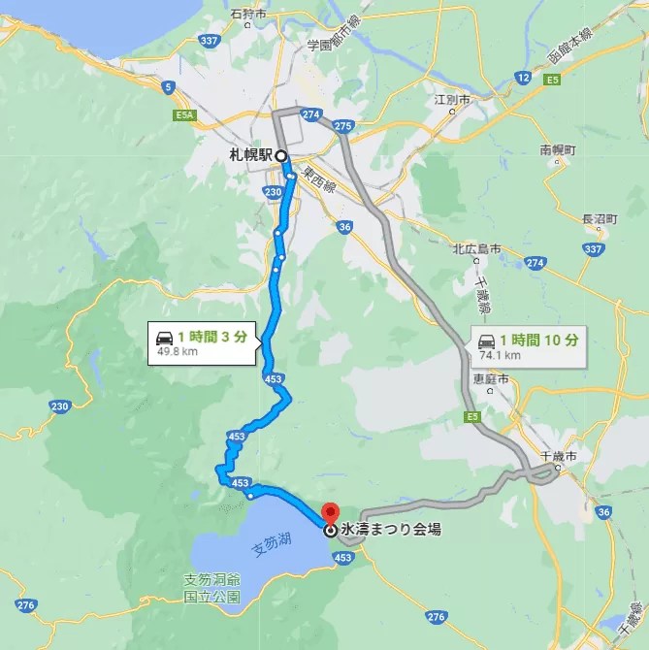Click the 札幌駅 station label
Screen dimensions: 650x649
(249, 155)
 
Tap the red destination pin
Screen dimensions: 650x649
(330, 511)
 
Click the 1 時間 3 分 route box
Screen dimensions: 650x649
(204, 342)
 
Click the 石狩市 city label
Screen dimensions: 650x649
(249, 14)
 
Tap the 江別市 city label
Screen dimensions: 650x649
(452, 100)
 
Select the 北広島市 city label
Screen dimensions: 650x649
(476, 249)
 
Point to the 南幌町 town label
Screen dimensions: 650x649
(558, 151)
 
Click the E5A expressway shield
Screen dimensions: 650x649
(187, 114)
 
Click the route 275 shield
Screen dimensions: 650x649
(342, 126)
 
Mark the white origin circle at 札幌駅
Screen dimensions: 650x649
(280, 155)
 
